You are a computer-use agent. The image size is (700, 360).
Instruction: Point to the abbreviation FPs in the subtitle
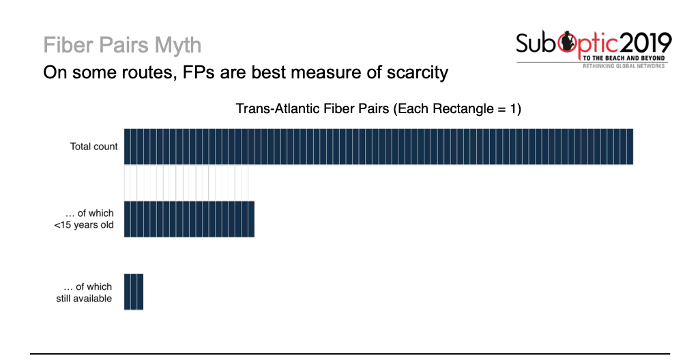tap(199, 72)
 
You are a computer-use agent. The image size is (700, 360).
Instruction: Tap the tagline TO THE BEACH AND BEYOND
tap(624, 59)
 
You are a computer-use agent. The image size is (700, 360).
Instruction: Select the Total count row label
tap(94, 147)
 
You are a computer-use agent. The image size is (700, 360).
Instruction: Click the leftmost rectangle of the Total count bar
tap(128, 147)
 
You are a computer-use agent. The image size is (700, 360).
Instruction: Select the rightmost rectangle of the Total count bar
tap(630, 147)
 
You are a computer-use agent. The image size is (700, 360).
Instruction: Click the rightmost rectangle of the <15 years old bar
tap(251, 220)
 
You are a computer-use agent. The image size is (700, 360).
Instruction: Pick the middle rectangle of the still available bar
tap(134, 292)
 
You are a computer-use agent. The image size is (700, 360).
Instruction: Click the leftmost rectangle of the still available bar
tap(128, 292)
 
